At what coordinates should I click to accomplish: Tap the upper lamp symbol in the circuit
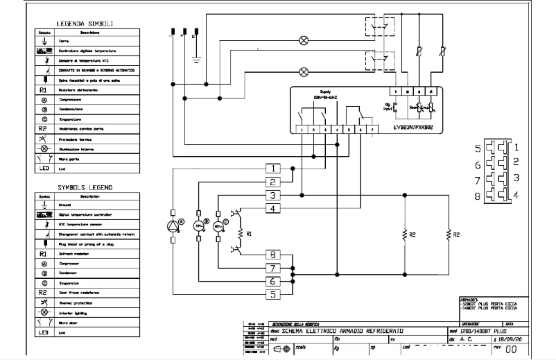pyautogui.click(x=304, y=41)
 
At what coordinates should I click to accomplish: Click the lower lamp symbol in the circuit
pyautogui.click(x=304, y=71)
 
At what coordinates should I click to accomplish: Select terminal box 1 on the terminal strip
pyautogui.click(x=275, y=169)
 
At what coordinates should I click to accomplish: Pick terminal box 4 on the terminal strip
pyautogui.click(x=275, y=208)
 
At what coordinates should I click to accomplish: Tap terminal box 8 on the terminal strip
pyautogui.click(x=275, y=255)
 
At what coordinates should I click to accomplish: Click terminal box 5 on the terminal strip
pyautogui.click(x=275, y=294)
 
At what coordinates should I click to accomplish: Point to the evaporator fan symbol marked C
pyautogui.click(x=218, y=226)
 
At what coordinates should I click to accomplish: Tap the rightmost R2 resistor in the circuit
pyautogui.click(x=449, y=235)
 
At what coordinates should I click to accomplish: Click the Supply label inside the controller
pyautogui.click(x=325, y=92)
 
